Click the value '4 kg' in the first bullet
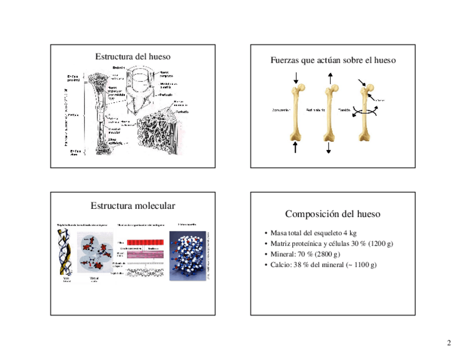tap(349, 234)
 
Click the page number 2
tap(449, 344)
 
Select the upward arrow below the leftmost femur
tap(296, 147)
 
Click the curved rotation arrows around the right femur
tap(364, 110)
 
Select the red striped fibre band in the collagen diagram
tap(146, 242)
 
